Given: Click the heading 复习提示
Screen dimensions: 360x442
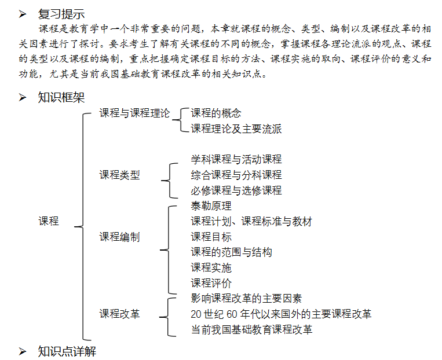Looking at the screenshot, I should point(61,13).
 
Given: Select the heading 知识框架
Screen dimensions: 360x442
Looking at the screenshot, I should point(61,97).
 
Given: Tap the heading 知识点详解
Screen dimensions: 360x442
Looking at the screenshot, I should point(67,351).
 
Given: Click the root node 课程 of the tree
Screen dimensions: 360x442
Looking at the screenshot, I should point(49,221).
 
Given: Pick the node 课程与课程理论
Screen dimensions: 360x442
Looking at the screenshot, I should point(134,113).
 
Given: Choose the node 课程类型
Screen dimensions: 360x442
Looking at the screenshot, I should point(119,175).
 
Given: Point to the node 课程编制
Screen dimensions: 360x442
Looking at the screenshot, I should point(119,237).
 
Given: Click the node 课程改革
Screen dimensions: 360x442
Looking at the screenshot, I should point(119,314).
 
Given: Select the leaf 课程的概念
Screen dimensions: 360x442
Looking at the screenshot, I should point(216,113).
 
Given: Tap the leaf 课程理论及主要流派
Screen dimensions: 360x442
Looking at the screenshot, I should point(236,129).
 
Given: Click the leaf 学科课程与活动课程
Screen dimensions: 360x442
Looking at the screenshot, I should point(236,159).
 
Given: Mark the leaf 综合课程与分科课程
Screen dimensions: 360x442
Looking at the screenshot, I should point(236,175).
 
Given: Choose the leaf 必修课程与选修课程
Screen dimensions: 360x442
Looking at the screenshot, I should point(236,190).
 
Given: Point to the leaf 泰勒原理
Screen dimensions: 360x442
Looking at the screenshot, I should point(211,205).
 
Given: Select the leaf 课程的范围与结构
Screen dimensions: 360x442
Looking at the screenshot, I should point(231,252).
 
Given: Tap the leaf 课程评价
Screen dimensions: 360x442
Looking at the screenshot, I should point(211,283).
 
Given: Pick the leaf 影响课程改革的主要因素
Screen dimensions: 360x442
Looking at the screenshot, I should point(246,299).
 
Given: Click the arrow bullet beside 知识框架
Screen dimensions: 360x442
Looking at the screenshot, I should point(23,97).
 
